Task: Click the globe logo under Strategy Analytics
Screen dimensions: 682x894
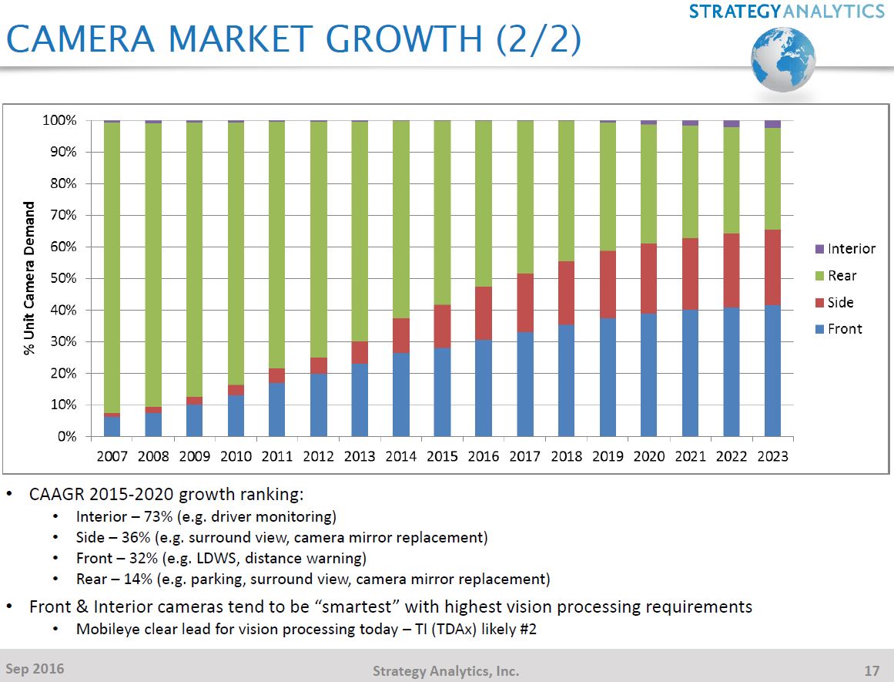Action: [x=783, y=60]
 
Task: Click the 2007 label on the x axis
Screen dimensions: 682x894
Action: [x=112, y=456]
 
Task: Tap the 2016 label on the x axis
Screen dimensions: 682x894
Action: [x=484, y=456]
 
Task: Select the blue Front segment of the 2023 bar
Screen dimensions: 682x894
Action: [x=772, y=371]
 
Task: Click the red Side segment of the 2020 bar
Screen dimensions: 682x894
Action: [x=648, y=278]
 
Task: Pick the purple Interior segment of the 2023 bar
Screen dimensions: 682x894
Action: [x=772, y=124]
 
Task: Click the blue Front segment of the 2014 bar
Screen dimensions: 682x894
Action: [x=400, y=395]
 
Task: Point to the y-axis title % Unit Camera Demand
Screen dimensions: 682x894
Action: [x=30, y=278]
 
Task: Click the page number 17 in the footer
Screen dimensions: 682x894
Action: [x=871, y=670]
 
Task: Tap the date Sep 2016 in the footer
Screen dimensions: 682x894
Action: [x=35, y=668]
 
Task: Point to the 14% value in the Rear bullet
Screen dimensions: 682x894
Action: [x=142, y=579]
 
